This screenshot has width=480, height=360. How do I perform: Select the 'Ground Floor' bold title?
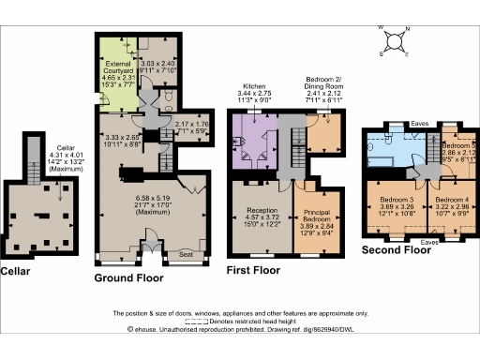[131, 278]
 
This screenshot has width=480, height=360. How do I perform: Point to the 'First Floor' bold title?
[254, 270]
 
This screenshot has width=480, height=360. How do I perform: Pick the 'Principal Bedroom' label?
[314, 215]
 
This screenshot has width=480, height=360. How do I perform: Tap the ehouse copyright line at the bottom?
[239, 329]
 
